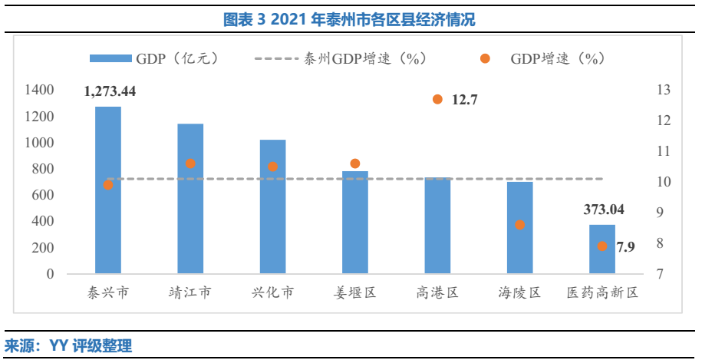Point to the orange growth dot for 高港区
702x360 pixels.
tap(437, 99)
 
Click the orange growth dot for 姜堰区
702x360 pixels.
tap(355, 163)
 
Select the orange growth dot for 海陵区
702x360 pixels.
tap(519, 225)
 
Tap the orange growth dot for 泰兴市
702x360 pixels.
tap(108, 185)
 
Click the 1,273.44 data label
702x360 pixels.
tap(110, 91)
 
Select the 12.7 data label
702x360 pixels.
tap(465, 100)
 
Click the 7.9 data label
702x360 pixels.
tap(626, 246)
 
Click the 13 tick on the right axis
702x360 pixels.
tap(664, 90)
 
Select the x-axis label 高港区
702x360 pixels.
tap(437, 293)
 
